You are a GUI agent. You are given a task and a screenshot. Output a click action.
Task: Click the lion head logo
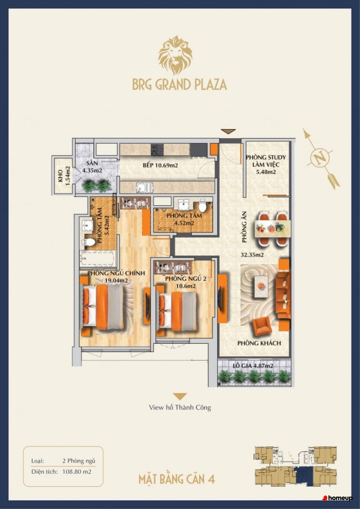coord(175,55)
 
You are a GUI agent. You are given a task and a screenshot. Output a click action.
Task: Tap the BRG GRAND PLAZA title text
coord(180,84)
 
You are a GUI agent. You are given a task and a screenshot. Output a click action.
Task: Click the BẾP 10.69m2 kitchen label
coord(160,165)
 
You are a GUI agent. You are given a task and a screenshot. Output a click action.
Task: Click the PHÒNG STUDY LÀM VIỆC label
coord(266,165)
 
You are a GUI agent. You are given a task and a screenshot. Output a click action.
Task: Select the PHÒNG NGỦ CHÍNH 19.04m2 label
coord(116,276)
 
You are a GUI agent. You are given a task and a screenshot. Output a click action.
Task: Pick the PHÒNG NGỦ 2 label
coord(185,279)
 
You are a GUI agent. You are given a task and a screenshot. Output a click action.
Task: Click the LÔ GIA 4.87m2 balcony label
coord(253,366)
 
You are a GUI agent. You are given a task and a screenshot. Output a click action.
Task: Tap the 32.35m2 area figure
coord(252,255)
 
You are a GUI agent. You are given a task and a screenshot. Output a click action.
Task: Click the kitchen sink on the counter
coord(144,187)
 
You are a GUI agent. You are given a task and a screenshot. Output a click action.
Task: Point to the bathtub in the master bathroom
coord(97,258)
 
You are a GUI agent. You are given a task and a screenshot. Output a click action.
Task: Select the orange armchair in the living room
coord(262,326)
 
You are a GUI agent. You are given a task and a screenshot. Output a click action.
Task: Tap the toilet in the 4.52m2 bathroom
coord(202,205)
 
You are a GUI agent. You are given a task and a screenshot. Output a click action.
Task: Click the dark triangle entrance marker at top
coord(228,131)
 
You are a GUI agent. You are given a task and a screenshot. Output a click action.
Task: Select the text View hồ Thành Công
coord(180,407)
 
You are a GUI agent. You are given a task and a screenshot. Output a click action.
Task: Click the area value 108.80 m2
coord(76,472)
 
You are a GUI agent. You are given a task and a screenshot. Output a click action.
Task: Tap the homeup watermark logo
coord(337,498)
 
